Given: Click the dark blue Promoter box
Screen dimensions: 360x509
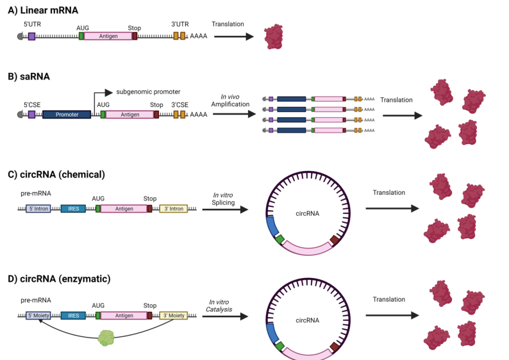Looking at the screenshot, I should (x=66, y=114).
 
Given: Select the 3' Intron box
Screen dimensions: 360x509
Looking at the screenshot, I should (x=173, y=208).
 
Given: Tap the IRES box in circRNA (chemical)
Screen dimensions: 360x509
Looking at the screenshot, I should (x=72, y=208).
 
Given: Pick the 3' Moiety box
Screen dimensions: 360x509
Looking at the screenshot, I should (x=173, y=315).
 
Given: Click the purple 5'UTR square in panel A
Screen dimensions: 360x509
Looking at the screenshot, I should (x=31, y=37).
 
